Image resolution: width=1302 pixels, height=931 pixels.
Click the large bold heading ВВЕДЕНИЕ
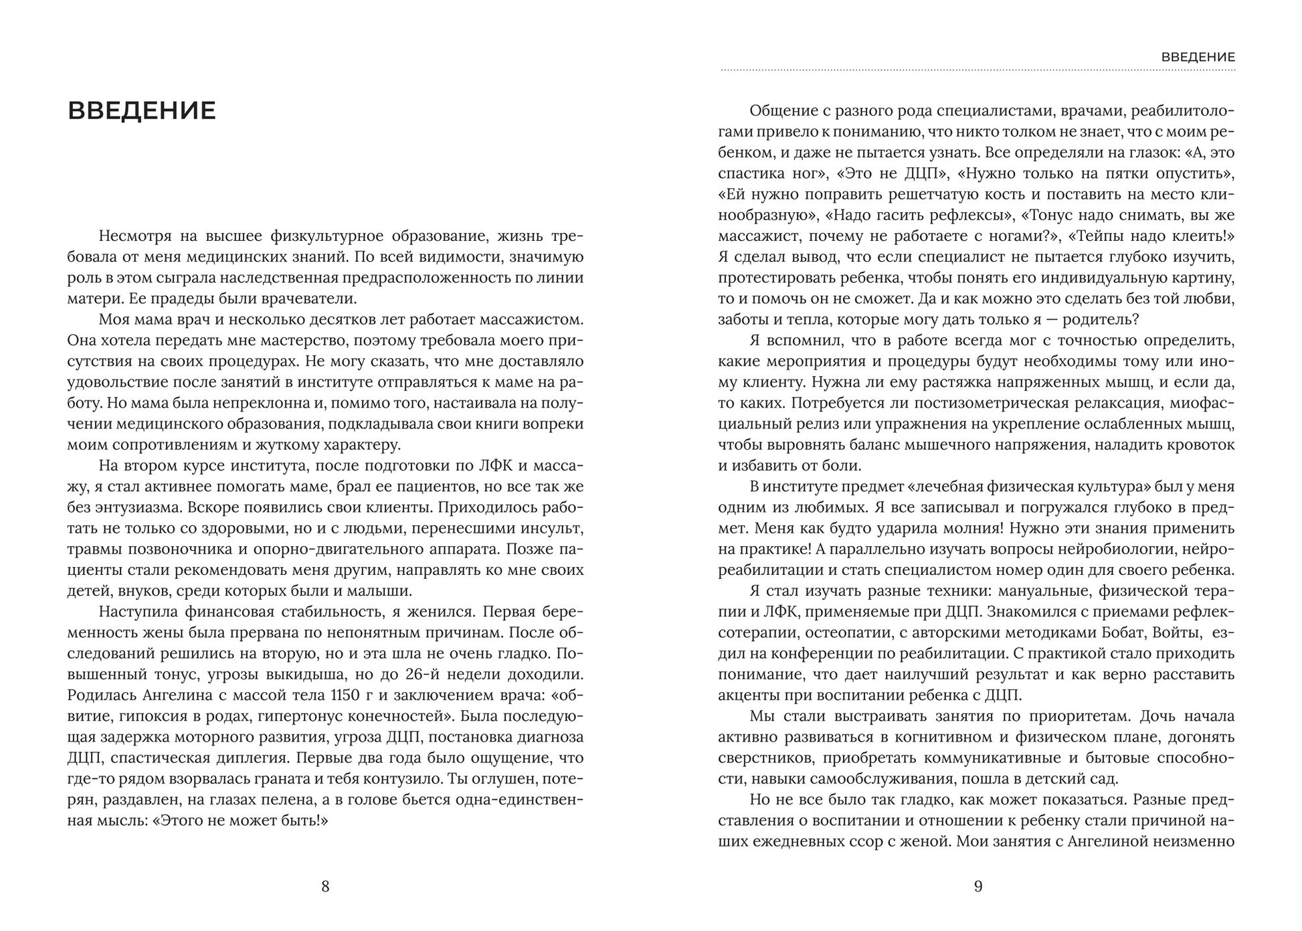coord(142,111)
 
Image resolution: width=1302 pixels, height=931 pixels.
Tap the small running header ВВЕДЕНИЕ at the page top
coord(1198,58)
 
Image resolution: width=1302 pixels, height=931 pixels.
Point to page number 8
coord(325,887)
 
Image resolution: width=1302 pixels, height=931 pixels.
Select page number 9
coord(978,887)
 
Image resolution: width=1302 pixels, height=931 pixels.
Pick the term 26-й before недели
coord(459,675)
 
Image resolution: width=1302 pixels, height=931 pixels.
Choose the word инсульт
coord(553,528)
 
